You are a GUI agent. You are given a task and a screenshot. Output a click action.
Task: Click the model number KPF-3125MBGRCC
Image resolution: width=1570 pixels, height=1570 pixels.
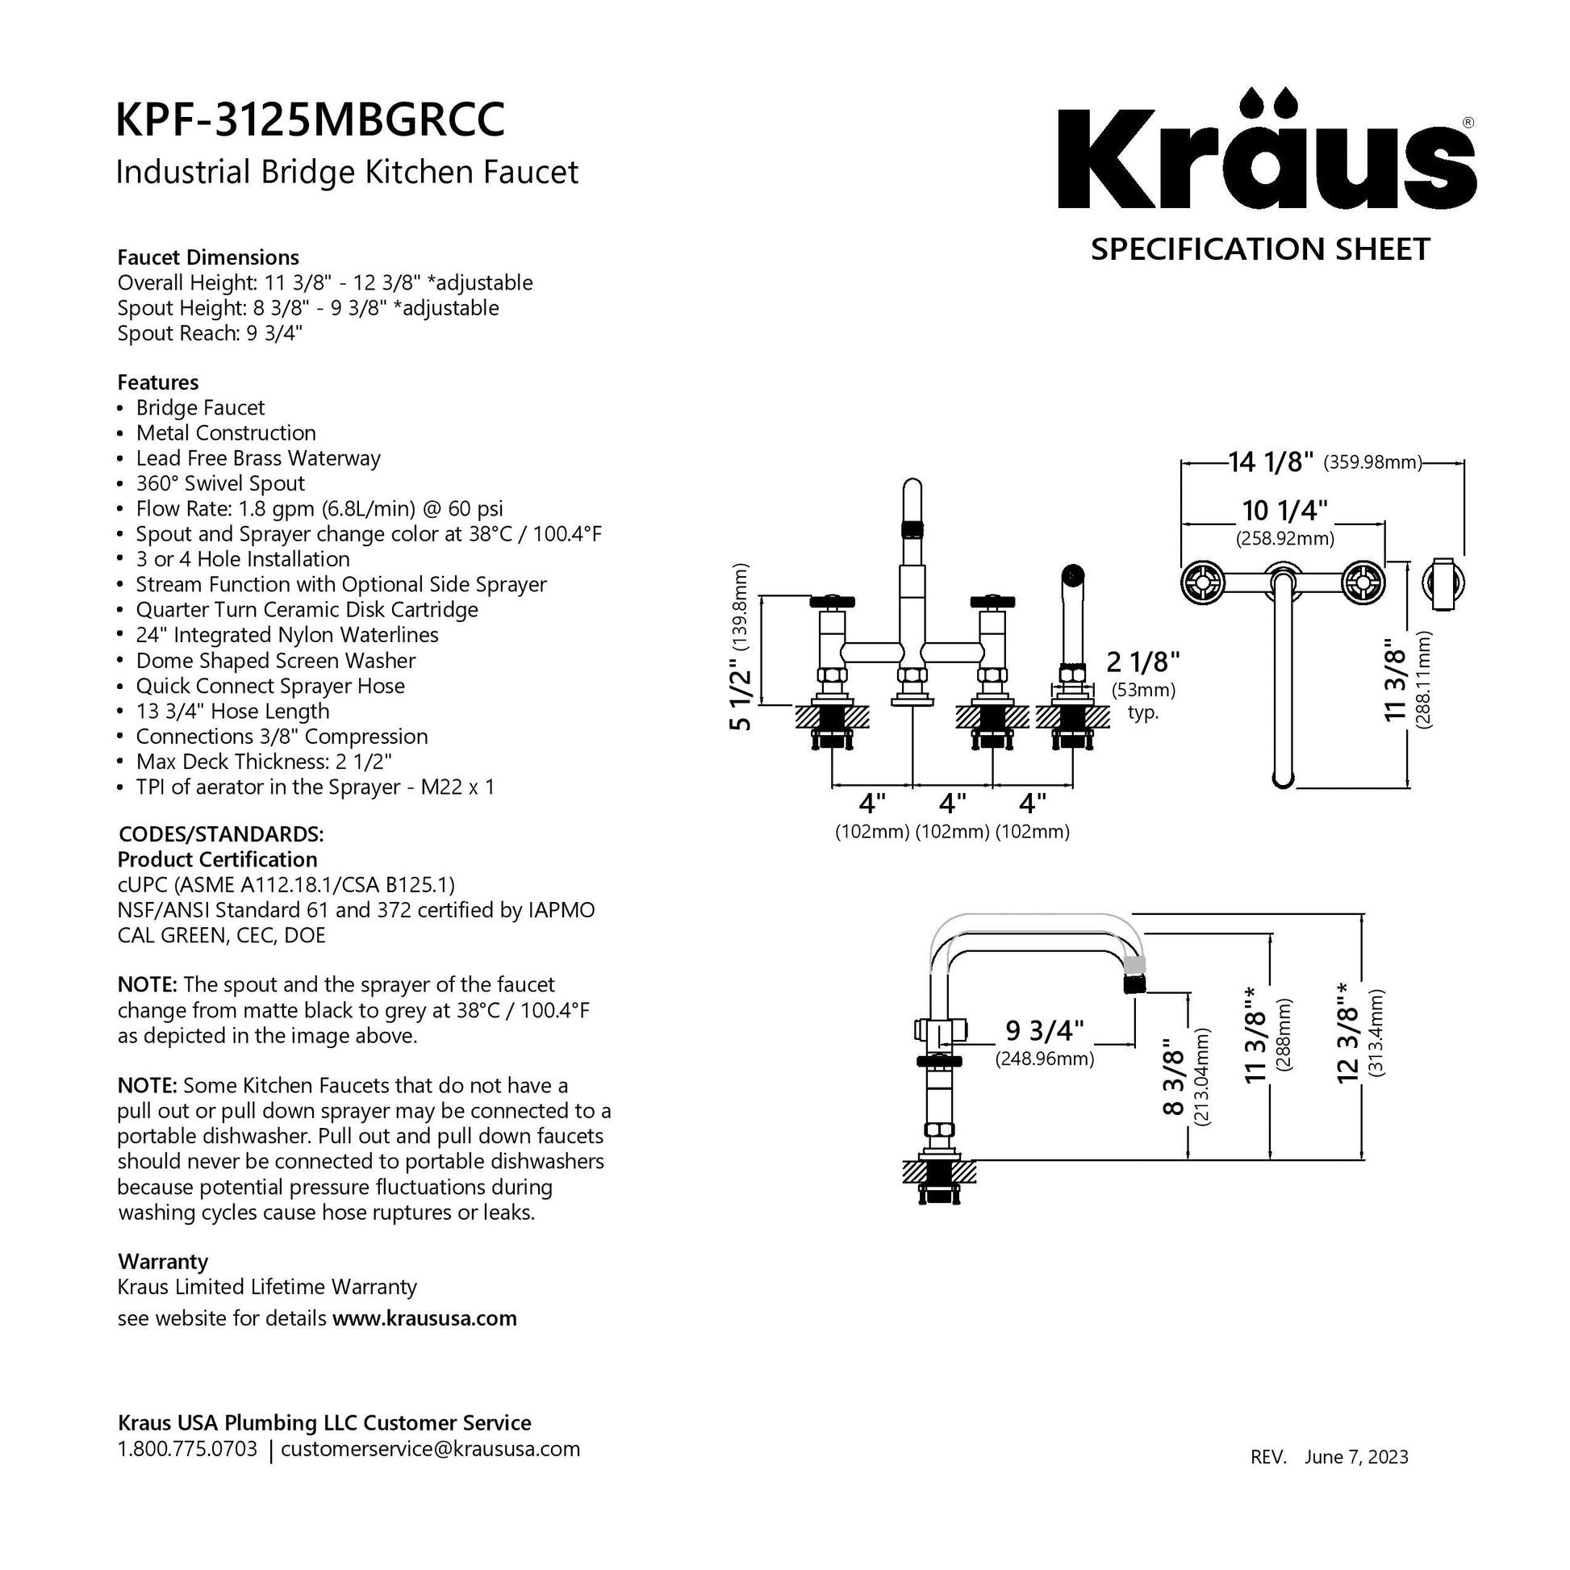click(x=311, y=119)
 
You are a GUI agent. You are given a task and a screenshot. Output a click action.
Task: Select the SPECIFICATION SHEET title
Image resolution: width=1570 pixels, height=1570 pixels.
click(x=1259, y=249)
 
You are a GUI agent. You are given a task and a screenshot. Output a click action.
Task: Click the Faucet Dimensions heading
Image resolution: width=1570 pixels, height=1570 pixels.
click(x=208, y=257)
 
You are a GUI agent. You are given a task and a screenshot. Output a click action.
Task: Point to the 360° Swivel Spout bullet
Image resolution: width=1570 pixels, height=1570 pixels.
click(x=220, y=483)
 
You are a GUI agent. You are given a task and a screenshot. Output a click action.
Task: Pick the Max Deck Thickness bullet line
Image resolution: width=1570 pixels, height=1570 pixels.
click(x=263, y=762)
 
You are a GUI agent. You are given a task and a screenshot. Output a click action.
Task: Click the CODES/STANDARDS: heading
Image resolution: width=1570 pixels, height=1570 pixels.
click(x=221, y=834)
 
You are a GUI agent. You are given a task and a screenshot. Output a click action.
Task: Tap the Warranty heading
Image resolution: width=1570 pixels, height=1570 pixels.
click(x=162, y=1261)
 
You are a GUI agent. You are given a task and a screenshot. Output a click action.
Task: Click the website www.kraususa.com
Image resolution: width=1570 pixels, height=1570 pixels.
click(x=424, y=1318)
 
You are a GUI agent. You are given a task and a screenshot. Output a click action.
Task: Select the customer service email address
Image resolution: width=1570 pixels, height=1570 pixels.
click(x=430, y=1449)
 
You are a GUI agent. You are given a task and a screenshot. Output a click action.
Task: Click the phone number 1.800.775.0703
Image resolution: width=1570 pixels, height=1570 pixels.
click(x=187, y=1449)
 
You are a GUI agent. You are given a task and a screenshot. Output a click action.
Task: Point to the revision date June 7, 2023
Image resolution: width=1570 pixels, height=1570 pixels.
click(x=1356, y=1480)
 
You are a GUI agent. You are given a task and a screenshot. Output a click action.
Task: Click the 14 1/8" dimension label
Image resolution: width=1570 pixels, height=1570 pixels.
click(x=1270, y=462)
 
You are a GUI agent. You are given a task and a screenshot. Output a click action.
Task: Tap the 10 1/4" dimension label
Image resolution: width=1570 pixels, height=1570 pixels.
click(x=1284, y=511)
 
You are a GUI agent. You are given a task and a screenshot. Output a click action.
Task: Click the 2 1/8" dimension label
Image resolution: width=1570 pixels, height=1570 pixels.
click(x=1142, y=662)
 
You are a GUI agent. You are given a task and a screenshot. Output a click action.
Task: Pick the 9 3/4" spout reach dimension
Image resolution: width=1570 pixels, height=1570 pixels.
click(x=1045, y=1030)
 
